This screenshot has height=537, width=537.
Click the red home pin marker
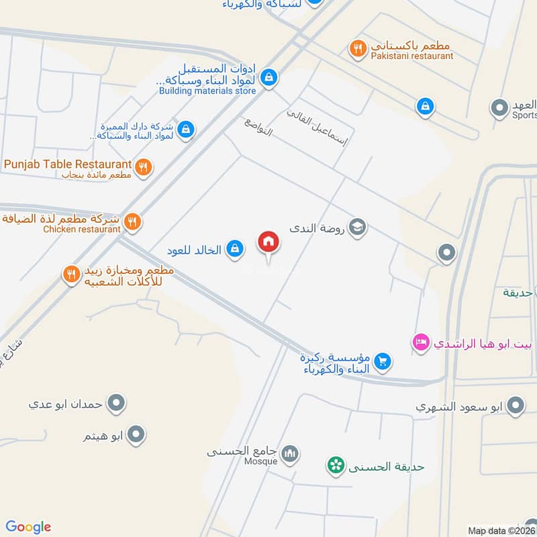tap(268, 242)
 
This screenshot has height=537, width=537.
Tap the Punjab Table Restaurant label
tap(67, 164)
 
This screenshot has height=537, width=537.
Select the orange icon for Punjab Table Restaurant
tap(142, 167)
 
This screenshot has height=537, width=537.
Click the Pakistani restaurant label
tap(411, 56)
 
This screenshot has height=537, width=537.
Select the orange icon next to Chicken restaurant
tap(133, 221)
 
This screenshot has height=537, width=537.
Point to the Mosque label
tap(261, 461)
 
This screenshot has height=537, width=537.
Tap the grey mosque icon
tap(290, 454)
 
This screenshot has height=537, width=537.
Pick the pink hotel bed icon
tap(421, 342)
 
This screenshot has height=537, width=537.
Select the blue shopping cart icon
tap(383, 361)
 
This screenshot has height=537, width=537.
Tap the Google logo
tap(28, 527)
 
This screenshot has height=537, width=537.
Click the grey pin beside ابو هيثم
tap(136, 435)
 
